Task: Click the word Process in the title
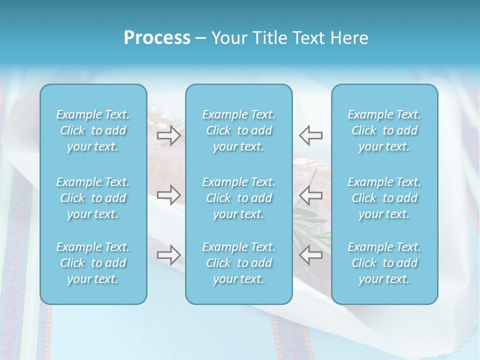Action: [x=157, y=38]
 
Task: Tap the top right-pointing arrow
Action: [x=168, y=135]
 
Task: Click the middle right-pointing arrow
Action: [x=168, y=193]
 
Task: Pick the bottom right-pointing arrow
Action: [x=168, y=254]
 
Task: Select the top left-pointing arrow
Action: [x=311, y=135]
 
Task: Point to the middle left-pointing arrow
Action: [x=311, y=193]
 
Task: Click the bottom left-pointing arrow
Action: [x=311, y=254]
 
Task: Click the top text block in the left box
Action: [x=93, y=130]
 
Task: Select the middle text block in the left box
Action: [x=93, y=198]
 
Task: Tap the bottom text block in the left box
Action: [x=93, y=263]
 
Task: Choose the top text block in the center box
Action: [x=238, y=130]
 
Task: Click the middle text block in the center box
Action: [x=238, y=198]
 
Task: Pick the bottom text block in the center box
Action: [x=238, y=263]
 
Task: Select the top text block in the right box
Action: [x=384, y=130]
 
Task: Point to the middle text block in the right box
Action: [x=384, y=198]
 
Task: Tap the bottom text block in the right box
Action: [x=384, y=263]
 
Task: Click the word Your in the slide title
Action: [x=227, y=38]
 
